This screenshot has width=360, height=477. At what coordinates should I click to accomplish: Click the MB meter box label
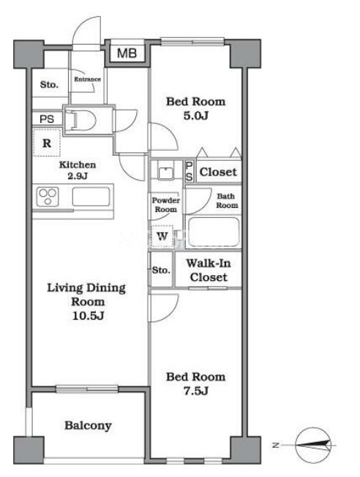click(127, 53)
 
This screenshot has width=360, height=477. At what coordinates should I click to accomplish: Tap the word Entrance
click(87, 79)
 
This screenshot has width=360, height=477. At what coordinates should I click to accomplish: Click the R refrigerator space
click(47, 143)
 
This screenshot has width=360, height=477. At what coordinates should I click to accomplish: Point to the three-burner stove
click(48, 197)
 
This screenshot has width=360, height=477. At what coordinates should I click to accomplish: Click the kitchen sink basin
click(91, 197)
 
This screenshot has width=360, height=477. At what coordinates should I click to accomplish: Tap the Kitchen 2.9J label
click(78, 170)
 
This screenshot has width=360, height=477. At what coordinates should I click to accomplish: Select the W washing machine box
click(162, 236)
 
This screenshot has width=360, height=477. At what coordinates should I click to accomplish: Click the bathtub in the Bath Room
click(214, 232)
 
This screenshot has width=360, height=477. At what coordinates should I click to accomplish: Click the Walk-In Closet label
click(209, 270)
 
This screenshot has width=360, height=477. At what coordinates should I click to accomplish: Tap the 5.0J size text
click(195, 116)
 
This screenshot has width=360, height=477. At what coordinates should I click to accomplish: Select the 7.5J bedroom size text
click(195, 391)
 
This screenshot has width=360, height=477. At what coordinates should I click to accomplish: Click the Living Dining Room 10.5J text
click(86, 301)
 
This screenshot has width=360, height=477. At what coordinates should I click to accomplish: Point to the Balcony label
click(88, 425)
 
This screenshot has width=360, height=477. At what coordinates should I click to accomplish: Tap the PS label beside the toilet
click(47, 119)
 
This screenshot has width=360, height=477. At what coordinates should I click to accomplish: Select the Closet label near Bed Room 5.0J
click(218, 172)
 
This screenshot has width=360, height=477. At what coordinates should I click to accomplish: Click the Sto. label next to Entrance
click(49, 84)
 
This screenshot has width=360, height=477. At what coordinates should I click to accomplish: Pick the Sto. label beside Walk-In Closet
click(161, 270)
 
